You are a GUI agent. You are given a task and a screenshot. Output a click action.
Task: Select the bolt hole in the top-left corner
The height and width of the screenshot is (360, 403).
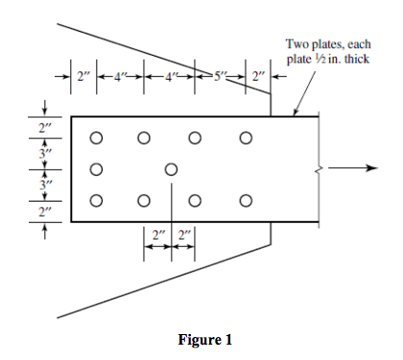pyautogui.click(x=96, y=137)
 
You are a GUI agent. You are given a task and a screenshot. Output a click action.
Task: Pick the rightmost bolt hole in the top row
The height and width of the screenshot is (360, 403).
pyautogui.click(x=246, y=137)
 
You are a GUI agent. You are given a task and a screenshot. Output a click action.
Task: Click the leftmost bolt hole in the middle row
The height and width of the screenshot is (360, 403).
pyautogui.click(x=96, y=169)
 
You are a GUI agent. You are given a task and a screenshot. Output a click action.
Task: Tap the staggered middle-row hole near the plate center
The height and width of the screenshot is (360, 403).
pyautogui.click(x=171, y=169)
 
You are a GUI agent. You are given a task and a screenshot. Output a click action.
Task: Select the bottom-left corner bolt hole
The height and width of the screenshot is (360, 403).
pyautogui.click(x=96, y=201)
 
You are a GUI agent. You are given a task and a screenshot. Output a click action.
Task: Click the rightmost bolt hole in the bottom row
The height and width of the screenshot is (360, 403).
pyautogui.click(x=246, y=201)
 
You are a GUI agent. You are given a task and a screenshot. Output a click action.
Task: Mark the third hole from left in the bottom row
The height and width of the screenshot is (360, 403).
pyautogui.click(x=196, y=201)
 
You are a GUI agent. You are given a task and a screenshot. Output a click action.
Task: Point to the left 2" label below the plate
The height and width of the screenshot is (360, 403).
pyautogui.click(x=158, y=233)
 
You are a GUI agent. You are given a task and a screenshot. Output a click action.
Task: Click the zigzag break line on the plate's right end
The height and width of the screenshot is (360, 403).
pyautogui.click(x=318, y=169)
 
